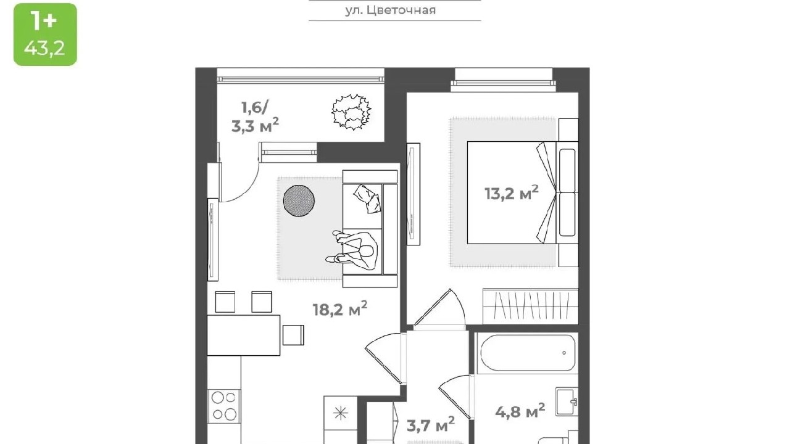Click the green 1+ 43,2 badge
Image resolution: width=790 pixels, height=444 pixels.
(x=45, y=35)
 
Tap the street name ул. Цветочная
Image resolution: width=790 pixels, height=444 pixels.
(x=391, y=10)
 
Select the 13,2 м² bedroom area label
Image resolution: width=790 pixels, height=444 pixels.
(x=512, y=193)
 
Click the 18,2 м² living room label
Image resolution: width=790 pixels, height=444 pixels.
(x=340, y=309)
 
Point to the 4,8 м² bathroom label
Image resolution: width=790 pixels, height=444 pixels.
(x=520, y=411)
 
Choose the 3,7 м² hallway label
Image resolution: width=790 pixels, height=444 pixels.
(x=431, y=425)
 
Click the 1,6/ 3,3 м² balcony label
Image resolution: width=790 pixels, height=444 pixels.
(x=255, y=117)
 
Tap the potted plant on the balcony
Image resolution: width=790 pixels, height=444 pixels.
(x=351, y=112)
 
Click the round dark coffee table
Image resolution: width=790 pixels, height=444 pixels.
(x=299, y=200)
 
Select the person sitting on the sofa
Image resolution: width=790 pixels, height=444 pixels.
(x=352, y=250)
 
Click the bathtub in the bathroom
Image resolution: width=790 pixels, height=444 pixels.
(x=525, y=352)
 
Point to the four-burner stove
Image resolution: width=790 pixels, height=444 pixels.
(x=224, y=406)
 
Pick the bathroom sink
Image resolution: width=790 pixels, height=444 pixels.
(x=567, y=401)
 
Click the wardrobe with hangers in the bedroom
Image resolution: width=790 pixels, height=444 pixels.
(x=530, y=306)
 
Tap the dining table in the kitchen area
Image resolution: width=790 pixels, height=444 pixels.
(x=243, y=335)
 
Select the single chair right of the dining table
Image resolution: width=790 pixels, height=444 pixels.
(x=293, y=335)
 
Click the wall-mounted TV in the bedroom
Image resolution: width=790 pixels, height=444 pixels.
(x=413, y=194)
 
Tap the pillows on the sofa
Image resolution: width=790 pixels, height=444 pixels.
(x=367, y=199)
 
